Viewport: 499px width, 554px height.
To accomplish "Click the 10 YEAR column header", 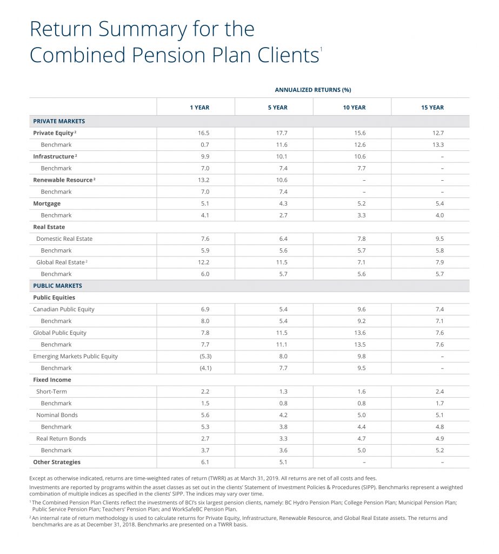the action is tap(354, 108).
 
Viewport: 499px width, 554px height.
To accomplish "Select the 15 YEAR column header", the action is tap(433, 108).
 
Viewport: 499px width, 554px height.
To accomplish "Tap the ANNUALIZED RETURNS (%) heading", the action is tap(313, 90).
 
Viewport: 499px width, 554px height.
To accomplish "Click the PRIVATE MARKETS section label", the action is tap(59, 121).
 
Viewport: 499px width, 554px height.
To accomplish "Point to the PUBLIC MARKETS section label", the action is tap(57, 286).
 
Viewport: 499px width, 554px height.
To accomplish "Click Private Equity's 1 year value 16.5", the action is tap(203, 133).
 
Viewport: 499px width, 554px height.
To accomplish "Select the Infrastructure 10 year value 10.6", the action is tap(360, 156).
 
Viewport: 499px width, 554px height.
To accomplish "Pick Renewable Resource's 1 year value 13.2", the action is tap(203, 180).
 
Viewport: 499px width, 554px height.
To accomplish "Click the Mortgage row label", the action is tap(46, 204).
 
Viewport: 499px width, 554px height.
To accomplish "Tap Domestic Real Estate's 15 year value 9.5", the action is tap(440, 239).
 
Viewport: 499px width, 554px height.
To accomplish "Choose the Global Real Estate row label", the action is tap(61, 262).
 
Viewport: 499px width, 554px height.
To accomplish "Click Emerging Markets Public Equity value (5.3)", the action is tap(205, 356).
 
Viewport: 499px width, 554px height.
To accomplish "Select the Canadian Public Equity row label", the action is tap(64, 309).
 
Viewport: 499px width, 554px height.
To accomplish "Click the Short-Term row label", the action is tap(51, 392).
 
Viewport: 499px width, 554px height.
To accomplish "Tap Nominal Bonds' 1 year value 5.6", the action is tap(205, 415).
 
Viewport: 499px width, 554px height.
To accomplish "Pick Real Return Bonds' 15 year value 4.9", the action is tap(440, 438).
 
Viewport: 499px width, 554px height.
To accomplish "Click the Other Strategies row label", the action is tap(57, 462).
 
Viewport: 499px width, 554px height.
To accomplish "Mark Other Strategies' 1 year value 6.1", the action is tap(205, 462).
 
